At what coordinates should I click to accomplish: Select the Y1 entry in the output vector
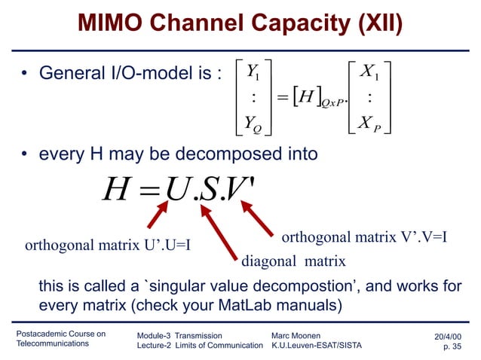pyautogui.click(x=253, y=73)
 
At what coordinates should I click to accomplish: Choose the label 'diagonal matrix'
pyautogui.click(x=293, y=262)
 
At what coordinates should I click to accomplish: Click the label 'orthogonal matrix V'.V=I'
pyautogui.click(x=365, y=238)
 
